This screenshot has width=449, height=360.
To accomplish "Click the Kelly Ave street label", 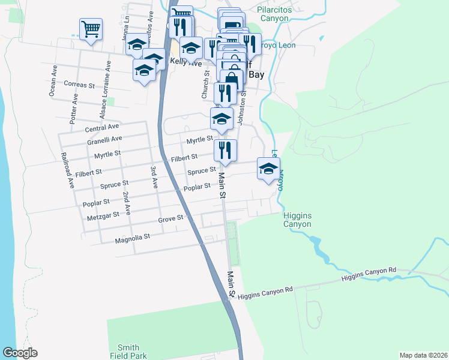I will click(186, 62).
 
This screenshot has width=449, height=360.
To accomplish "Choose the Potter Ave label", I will click(74, 107).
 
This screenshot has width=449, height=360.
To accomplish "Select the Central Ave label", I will click(102, 128).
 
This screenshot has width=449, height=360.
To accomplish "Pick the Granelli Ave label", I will click(104, 139).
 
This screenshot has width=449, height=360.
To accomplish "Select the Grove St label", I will click(170, 219).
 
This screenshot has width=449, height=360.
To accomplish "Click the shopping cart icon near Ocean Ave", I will click(91, 28).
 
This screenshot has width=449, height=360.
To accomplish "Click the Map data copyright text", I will click(423, 355).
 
